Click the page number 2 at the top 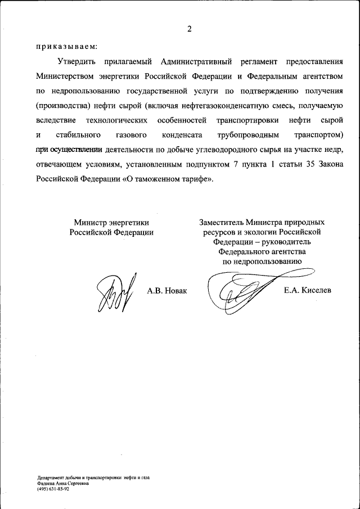coord(190,29)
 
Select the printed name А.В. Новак coord(166,290)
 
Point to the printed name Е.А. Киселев coord(308,290)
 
